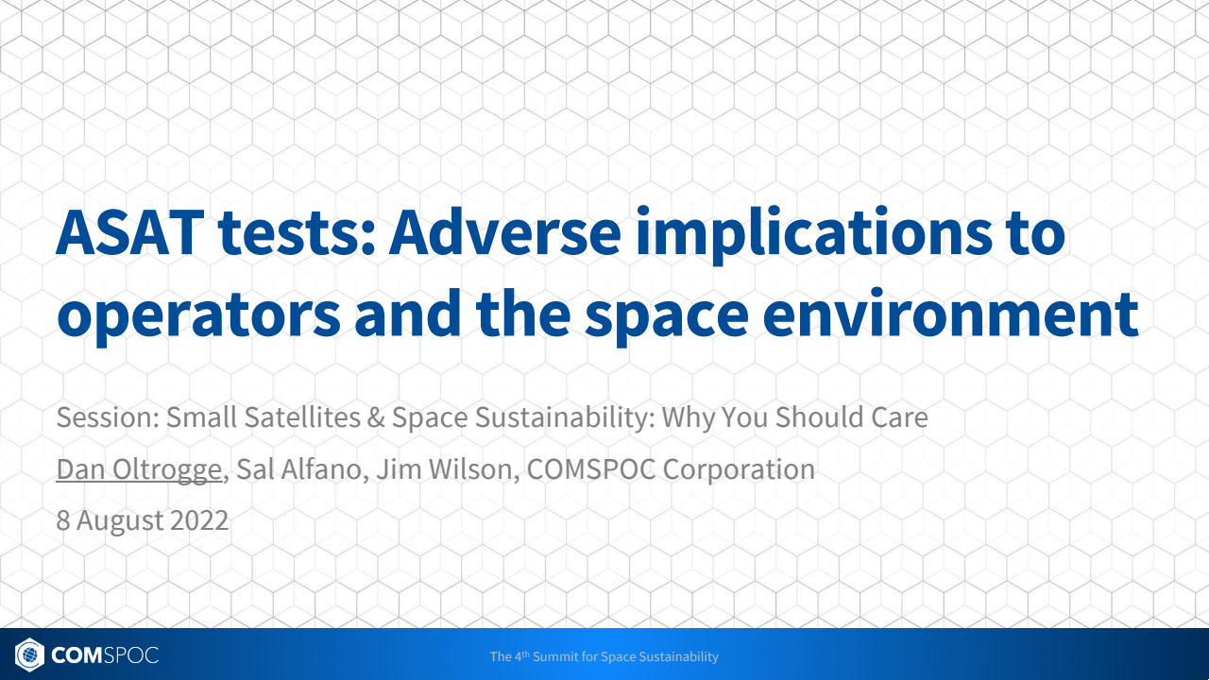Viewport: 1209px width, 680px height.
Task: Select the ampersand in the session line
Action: coord(376,417)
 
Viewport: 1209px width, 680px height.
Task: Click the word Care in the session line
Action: coord(898,417)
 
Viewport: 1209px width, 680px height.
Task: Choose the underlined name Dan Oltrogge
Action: coord(139,469)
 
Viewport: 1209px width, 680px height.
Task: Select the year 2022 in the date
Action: coord(199,520)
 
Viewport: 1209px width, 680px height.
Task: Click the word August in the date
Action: coord(120,520)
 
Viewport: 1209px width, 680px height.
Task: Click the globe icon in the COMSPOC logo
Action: coord(30,654)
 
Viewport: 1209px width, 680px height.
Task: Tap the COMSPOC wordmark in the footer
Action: coord(105,654)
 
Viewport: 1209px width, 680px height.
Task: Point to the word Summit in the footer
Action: coord(553,656)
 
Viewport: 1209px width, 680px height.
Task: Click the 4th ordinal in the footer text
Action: coord(521,655)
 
